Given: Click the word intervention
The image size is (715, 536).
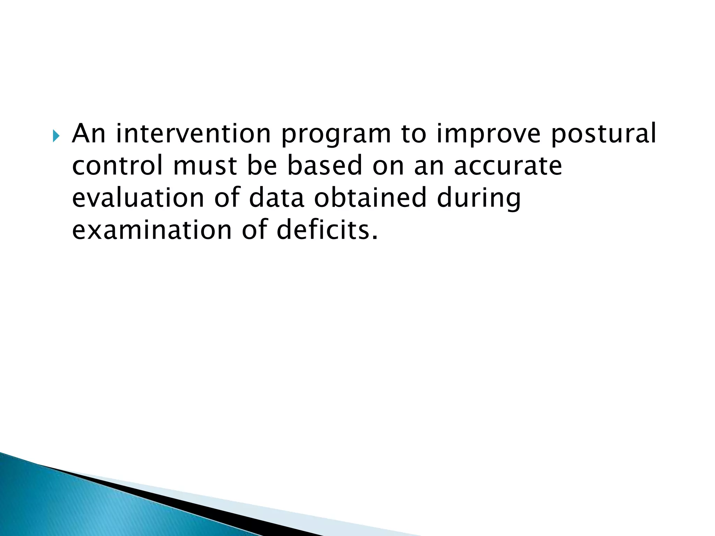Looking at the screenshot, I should (x=193, y=134).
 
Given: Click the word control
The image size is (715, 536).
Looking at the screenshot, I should (x=117, y=165).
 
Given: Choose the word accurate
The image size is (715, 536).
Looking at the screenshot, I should (x=508, y=166).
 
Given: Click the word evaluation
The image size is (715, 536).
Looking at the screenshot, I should (x=138, y=198).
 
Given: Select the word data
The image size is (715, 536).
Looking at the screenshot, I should (x=277, y=198).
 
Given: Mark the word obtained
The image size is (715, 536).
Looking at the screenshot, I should (x=370, y=198).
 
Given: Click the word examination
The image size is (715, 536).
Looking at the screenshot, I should (x=152, y=230).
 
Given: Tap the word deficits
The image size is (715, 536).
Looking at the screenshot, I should (x=327, y=230).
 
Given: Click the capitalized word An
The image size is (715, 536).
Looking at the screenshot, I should (x=89, y=134).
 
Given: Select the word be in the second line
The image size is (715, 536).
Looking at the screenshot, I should (x=262, y=165).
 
